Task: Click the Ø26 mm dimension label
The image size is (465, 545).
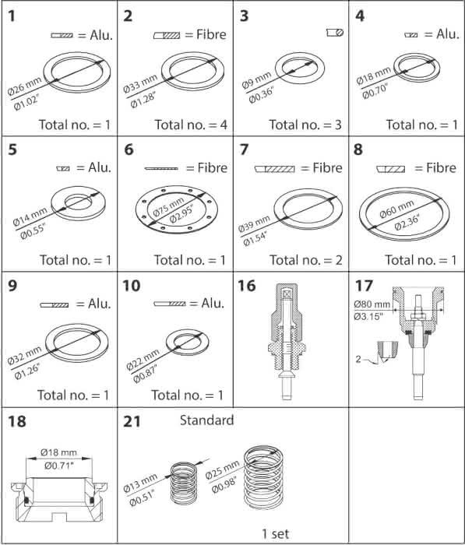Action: click(x=25, y=86)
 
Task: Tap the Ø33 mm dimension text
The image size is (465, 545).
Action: click(x=140, y=83)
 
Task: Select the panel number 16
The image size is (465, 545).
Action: click(x=246, y=286)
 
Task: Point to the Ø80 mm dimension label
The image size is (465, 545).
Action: click(x=372, y=304)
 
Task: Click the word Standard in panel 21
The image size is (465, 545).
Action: click(x=206, y=420)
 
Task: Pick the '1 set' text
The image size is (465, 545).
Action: click(x=275, y=533)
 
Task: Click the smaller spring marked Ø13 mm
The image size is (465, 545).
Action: click(x=184, y=483)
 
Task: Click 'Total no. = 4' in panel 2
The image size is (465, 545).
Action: click(x=191, y=125)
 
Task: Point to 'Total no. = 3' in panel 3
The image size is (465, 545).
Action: click(x=305, y=125)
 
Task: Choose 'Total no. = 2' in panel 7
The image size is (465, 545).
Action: click(x=305, y=259)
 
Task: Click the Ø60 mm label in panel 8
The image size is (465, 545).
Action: click(x=396, y=209)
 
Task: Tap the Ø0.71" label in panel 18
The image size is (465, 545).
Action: click(x=59, y=466)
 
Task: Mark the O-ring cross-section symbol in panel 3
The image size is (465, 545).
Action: click(x=335, y=33)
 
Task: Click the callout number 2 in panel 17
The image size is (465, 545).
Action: click(x=358, y=359)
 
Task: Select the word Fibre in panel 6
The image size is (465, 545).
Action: click(x=212, y=168)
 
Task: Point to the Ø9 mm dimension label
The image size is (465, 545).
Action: click(x=256, y=81)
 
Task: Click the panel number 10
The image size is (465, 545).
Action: click(x=131, y=286)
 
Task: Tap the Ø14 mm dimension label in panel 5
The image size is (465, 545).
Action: click(x=30, y=216)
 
